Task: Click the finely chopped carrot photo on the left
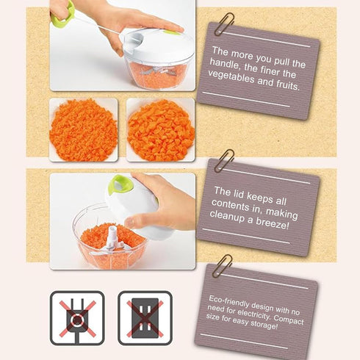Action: (83, 130)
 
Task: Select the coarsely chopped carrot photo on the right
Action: (161, 130)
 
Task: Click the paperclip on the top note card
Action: (225, 25)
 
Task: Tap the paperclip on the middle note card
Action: (224, 160)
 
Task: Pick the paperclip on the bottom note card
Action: (221, 264)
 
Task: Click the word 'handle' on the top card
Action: (228, 64)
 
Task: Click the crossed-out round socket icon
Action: (76, 318)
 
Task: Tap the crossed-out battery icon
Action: (145, 318)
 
